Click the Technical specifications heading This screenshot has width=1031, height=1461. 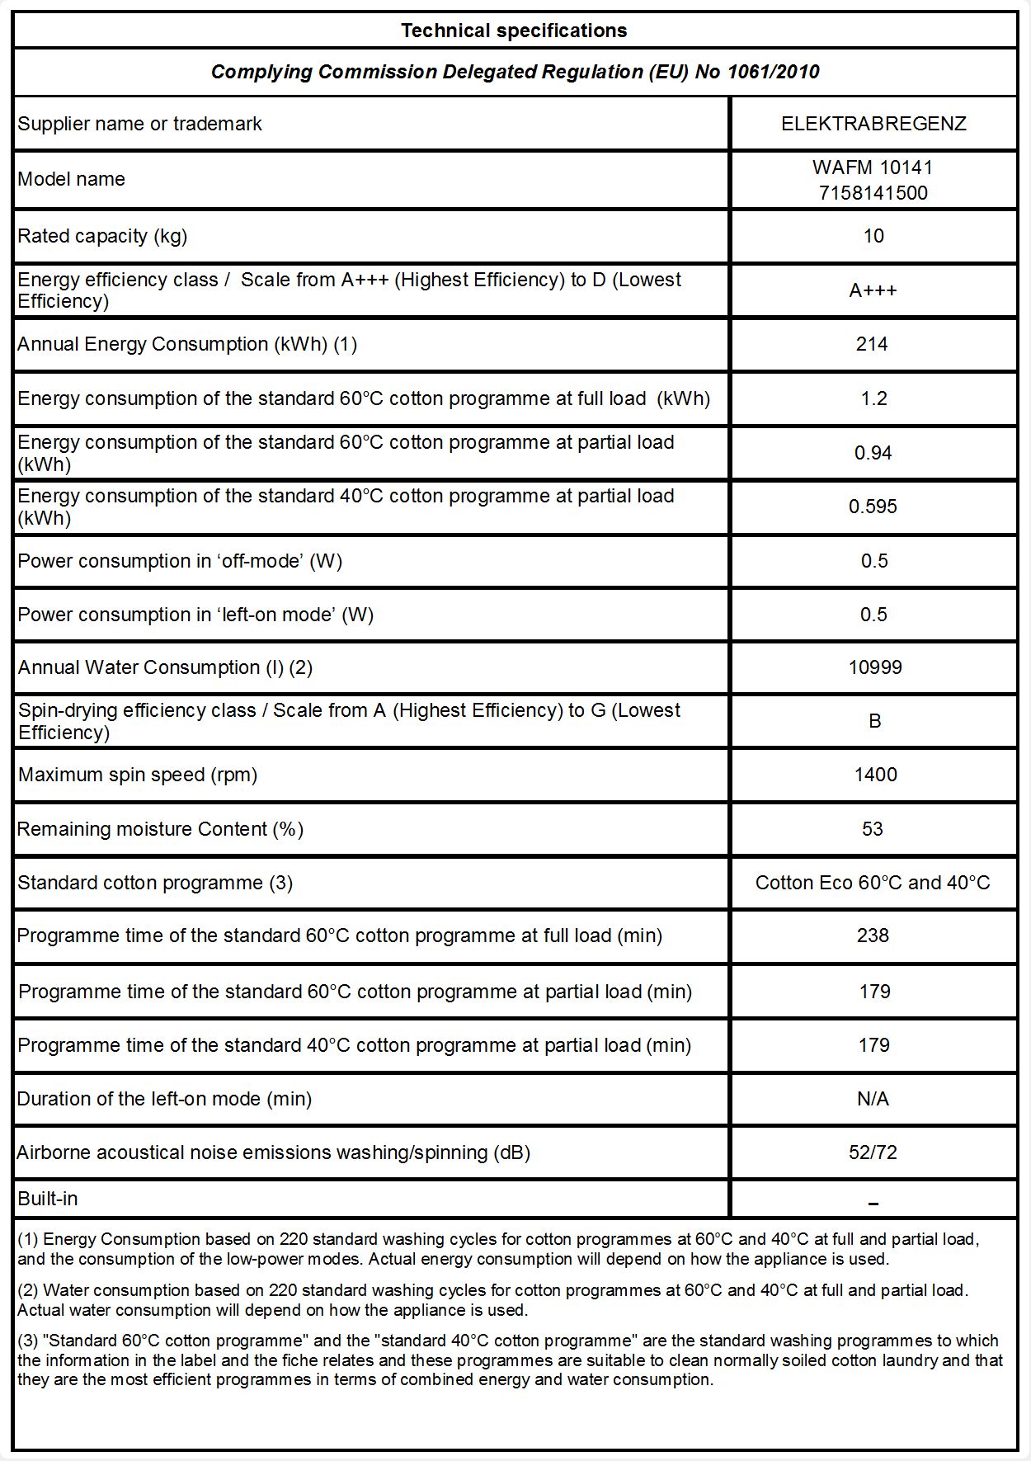click(514, 31)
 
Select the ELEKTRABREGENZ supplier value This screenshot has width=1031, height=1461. click(873, 124)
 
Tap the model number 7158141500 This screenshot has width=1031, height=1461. click(873, 193)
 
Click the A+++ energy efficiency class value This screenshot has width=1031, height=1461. click(873, 290)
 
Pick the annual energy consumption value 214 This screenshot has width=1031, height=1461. click(872, 344)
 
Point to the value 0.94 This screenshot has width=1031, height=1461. click(873, 453)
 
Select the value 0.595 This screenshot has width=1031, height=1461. click(873, 507)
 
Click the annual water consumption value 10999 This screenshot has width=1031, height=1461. click(875, 667)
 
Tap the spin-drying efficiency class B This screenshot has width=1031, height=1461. click(875, 721)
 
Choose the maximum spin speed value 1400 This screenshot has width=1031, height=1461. click(875, 775)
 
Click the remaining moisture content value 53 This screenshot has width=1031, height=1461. click(873, 829)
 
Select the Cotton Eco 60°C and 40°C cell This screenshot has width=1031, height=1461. click(873, 883)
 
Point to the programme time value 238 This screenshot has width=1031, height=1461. click(873, 936)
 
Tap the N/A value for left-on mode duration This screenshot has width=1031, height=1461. click(873, 1099)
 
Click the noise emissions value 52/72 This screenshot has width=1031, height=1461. click(873, 1152)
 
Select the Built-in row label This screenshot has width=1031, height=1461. click(48, 1199)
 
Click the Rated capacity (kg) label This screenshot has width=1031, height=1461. click(102, 236)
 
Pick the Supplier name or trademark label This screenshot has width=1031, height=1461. click(139, 124)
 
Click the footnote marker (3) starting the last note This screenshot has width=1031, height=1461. click(28, 1341)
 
